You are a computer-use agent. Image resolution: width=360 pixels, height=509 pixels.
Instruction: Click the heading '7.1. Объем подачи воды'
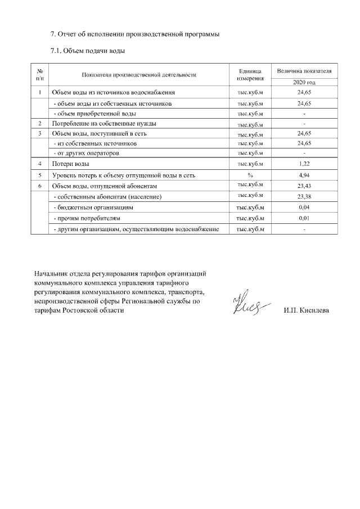pos(87,51)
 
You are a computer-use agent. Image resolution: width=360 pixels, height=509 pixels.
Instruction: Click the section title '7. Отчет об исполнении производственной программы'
pos(135,34)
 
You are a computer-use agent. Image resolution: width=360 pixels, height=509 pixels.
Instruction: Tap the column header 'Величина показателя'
pos(304,71)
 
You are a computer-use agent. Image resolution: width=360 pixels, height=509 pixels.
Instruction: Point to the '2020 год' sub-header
pos(304,83)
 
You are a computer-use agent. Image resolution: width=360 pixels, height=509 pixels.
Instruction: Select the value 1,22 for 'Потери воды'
pos(304,164)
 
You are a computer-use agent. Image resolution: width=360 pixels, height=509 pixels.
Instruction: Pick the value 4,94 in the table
pos(304,175)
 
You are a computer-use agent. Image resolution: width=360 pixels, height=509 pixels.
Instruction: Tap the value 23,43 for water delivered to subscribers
pos(304,186)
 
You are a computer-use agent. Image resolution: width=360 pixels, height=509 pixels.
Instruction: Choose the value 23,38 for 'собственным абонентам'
pos(304,197)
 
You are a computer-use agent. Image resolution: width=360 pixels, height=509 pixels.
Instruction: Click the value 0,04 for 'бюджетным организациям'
pos(304,207)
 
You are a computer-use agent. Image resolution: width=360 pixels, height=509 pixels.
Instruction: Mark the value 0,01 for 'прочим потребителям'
pos(304,218)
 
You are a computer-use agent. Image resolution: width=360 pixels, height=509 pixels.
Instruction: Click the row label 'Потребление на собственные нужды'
pos(104,123)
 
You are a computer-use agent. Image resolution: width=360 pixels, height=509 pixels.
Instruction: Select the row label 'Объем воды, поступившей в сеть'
pos(100,134)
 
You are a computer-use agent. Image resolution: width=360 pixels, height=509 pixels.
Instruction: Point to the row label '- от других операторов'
pos(85,153)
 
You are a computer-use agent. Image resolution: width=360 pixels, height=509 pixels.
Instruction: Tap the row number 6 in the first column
pos(40,186)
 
